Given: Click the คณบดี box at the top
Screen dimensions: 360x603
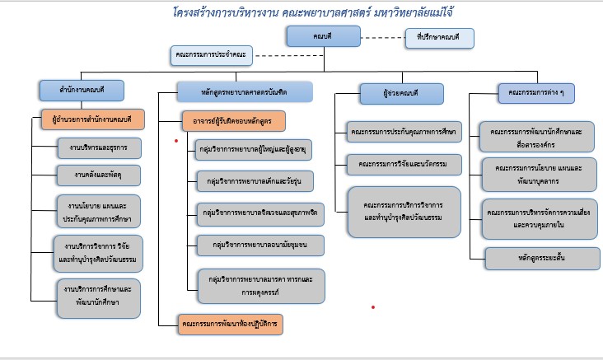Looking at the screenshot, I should tap(312, 35).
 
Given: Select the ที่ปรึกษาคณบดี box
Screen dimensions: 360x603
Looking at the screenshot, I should tap(440, 38).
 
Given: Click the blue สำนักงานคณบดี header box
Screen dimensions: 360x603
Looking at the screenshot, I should tap(81, 89).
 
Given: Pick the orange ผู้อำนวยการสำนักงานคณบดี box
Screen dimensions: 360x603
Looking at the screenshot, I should tap(92, 118).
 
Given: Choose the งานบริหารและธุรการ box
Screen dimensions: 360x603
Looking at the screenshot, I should tap(98, 147).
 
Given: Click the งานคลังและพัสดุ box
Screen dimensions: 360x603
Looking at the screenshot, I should tap(98, 174).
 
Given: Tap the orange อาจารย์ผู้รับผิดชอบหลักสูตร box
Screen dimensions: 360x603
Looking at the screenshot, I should tap(234, 122).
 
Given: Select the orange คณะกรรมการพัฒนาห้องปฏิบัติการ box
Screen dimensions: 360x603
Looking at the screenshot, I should tap(231, 325).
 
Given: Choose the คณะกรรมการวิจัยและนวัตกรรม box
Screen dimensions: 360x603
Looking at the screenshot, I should tap(404, 165).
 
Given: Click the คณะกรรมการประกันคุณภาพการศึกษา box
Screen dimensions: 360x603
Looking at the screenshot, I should tap(404, 132).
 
